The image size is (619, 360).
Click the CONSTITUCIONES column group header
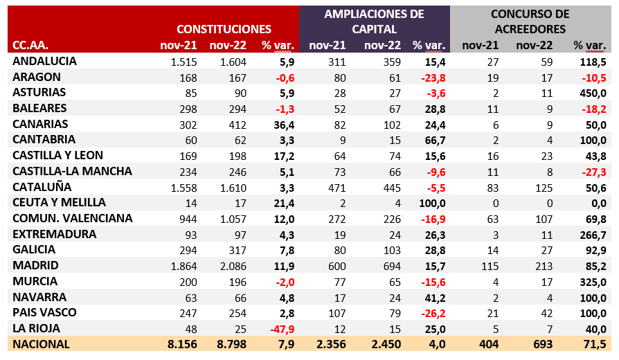coord(223,29)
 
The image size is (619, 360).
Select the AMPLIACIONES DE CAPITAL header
coord(374,21)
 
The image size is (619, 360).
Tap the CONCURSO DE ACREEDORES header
coord(530,21)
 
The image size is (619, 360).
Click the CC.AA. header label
coord(30,46)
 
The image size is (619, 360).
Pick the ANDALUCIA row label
coord(44,61)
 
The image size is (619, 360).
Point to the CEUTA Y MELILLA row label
coord(59,202)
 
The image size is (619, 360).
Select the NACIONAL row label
coord(41,344)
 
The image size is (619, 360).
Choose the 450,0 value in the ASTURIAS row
coord(593,93)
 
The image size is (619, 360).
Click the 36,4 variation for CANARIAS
coord(283,124)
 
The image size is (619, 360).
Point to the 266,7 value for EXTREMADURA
coord(593,234)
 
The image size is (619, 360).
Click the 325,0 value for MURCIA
coord(593,282)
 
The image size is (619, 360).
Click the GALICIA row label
coord(35,250)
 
